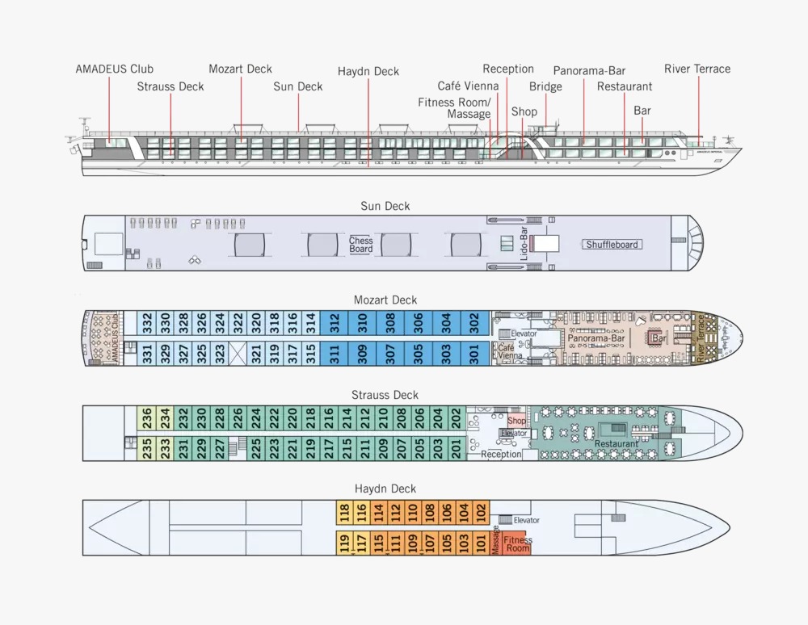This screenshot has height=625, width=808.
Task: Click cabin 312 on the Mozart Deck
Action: (x=334, y=323)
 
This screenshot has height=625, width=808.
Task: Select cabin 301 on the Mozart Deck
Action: (x=474, y=353)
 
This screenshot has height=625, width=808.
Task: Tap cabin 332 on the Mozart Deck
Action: (x=147, y=323)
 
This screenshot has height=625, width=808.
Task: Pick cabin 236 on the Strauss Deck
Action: (x=147, y=417)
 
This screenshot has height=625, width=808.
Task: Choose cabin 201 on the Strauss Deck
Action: (x=456, y=448)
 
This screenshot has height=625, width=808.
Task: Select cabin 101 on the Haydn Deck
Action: (x=481, y=543)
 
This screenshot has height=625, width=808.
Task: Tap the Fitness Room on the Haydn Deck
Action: (x=518, y=543)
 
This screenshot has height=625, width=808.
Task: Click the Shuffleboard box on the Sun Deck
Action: (x=612, y=245)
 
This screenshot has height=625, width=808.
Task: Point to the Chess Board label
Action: (x=361, y=245)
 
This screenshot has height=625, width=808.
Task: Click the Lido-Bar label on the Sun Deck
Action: (x=524, y=242)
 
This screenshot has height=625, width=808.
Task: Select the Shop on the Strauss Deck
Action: (x=516, y=421)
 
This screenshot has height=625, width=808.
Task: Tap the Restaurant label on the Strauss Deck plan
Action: (x=617, y=444)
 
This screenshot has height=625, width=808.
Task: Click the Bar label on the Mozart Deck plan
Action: (x=659, y=339)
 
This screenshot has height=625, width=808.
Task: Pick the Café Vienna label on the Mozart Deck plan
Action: (x=507, y=351)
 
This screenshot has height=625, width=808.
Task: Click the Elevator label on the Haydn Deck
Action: (x=526, y=520)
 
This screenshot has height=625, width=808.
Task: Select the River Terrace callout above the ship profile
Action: (x=696, y=69)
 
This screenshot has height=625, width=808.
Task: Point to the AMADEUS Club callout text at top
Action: (x=114, y=69)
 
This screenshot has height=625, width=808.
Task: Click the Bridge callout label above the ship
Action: (x=545, y=86)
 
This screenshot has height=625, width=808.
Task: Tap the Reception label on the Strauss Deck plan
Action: (x=501, y=455)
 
